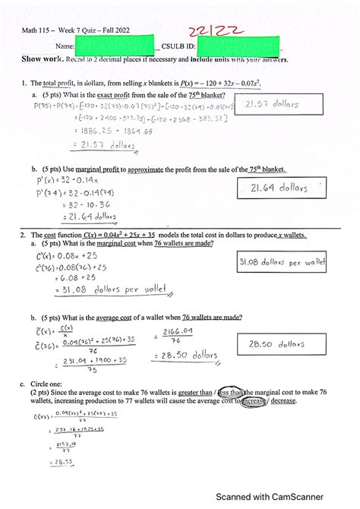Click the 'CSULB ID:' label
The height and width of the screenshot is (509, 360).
[x=179, y=46]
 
